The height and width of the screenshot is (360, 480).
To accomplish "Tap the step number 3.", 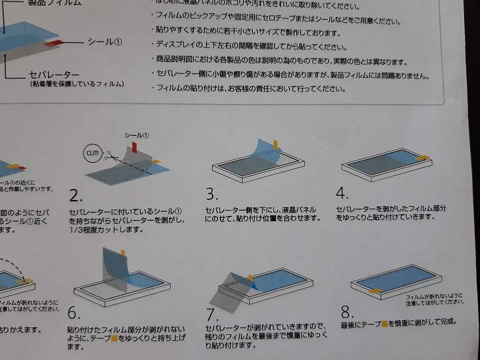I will (x=212, y=194).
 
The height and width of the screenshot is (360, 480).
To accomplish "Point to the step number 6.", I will (x=73, y=313).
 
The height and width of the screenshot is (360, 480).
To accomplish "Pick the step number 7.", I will (x=213, y=313).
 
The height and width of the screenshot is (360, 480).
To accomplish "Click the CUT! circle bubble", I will (x=91, y=153).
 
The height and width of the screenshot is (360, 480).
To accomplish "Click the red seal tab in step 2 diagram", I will (x=133, y=145).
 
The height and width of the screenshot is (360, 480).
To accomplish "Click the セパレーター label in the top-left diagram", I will (x=54, y=74).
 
